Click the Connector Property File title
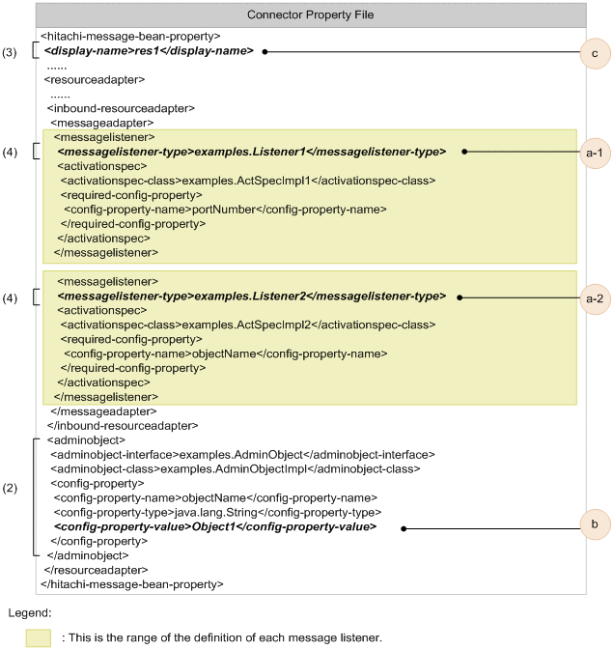click(310, 15)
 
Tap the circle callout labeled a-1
click(595, 152)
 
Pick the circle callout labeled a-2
click(595, 298)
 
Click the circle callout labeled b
click(595, 527)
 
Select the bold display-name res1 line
click(149, 50)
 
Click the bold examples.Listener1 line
click(251, 152)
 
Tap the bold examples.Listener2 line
click(251, 297)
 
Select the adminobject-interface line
click(242, 454)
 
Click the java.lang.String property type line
click(217, 511)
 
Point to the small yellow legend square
click(39, 637)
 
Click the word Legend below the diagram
click(29, 613)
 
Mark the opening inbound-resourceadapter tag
click(121, 108)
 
